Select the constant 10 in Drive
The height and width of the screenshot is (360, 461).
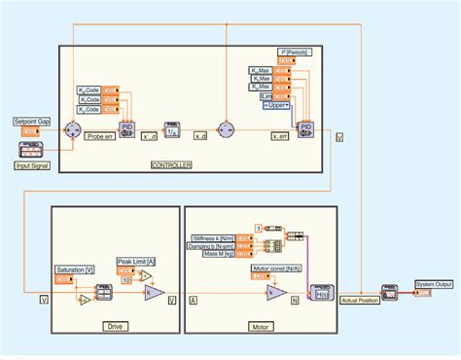click(125, 280)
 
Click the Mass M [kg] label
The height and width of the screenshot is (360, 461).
click(220, 256)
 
